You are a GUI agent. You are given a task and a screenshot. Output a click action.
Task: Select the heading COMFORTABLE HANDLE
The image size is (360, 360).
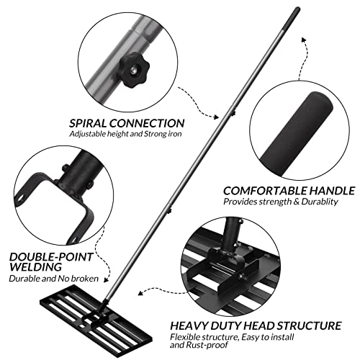click(289, 191)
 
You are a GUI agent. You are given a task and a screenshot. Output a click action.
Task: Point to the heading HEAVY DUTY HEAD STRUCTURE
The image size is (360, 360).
click(255, 325)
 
